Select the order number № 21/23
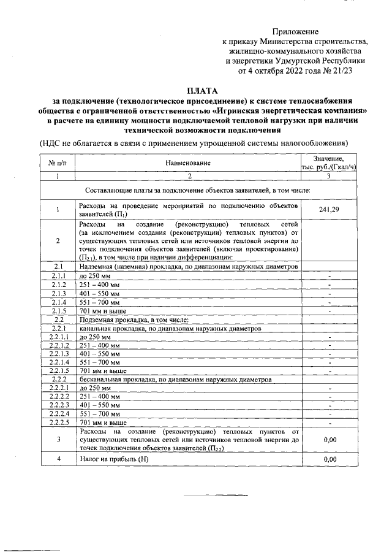pos(335,71)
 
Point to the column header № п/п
pos(57,163)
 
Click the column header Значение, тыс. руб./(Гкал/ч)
pos(330,163)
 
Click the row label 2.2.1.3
pos(59,354)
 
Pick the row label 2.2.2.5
pos(59,423)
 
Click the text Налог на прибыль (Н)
pos(114,458)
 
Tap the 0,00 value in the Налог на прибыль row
pos(330,458)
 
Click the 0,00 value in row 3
pos(330,440)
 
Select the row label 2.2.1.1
pos(59,337)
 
